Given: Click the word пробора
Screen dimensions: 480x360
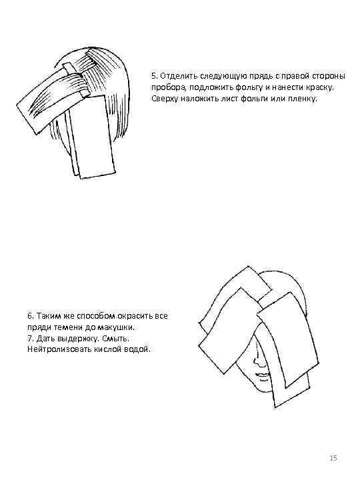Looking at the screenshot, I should pyautogui.click(x=170, y=87).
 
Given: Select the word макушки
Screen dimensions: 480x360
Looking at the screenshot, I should pyautogui.click(x=117, y=327).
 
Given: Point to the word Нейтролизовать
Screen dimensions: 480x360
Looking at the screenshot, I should pyautogui.click(x=59, y=349).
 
